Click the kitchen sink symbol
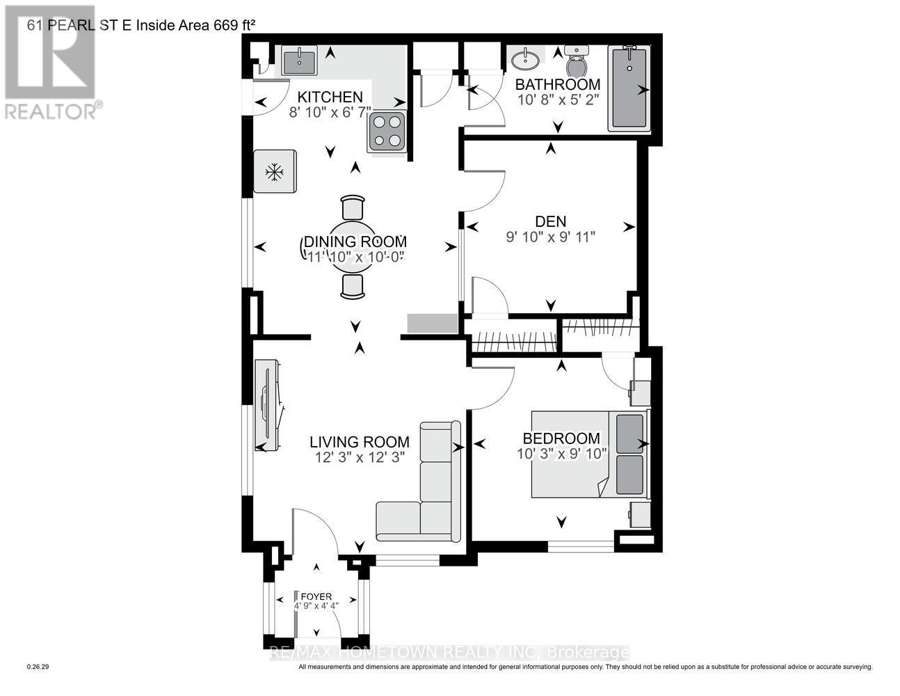click(300, 61)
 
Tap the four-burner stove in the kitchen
click(387, 131)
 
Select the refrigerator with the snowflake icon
click(275, 171)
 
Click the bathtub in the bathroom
click(629, 89)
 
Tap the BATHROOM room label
click(558, 85)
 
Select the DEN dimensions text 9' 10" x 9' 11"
click(551, 237)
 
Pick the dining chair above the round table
click(353, 207)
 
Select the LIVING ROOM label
click(360, 442)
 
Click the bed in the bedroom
click(590, 454)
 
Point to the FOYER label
click(316, 596)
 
